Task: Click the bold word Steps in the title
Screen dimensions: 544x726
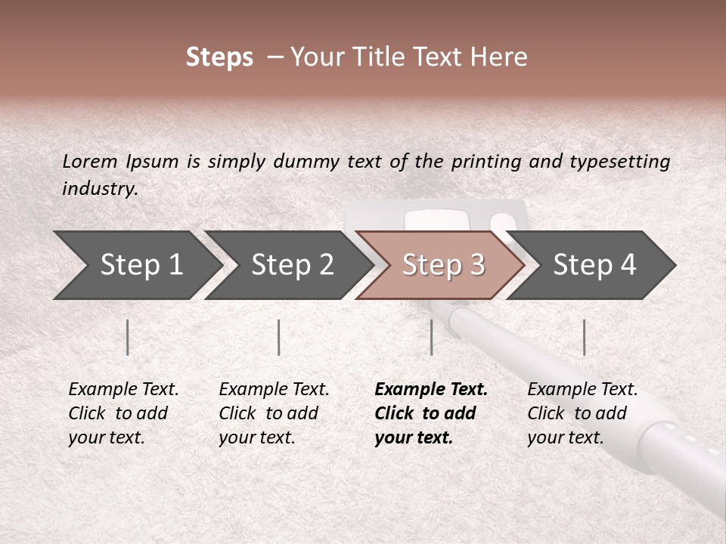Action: click(x=219, y=57)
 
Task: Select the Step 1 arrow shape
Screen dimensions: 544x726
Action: click(x=136, y=264)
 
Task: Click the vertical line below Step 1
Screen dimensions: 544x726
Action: click(x=128, y=337)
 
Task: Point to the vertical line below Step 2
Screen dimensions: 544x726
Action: click(x=279, y=337)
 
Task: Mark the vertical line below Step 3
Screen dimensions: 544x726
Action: click(x=431, y=337)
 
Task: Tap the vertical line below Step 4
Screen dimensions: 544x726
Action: click(x=584, y=337)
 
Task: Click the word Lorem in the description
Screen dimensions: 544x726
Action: click(x=89, y=162)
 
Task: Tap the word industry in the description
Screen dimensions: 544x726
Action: click(x=99, y=189)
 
